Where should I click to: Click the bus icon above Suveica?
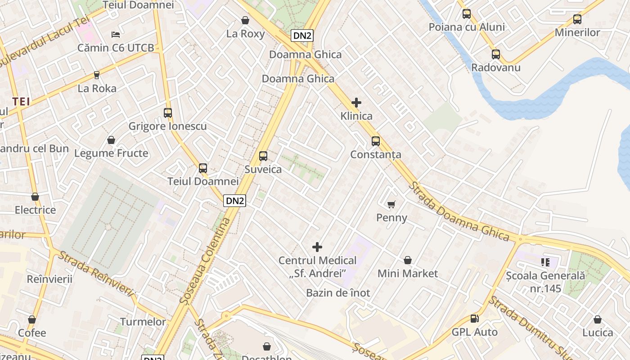(263, 156)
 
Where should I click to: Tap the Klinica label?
(356, 116)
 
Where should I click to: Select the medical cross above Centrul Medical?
(317, 247)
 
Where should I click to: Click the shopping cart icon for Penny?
(391, 205)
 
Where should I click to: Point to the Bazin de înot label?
(338, 293)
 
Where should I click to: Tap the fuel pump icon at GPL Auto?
(474, 319)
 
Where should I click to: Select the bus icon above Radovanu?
(495, 54)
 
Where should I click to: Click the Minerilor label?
(577, 32)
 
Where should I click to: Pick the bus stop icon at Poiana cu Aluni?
(467, 14)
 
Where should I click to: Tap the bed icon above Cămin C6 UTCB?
(116, 35)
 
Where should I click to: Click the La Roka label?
(97, 88)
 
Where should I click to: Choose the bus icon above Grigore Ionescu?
(168, 113)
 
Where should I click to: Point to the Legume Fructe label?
(111, 153)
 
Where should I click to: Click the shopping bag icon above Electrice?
(35, 197)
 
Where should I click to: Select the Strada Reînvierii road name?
(97, 274)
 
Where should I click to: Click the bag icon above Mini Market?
(408, 260)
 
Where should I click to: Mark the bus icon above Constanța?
(376, 141)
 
